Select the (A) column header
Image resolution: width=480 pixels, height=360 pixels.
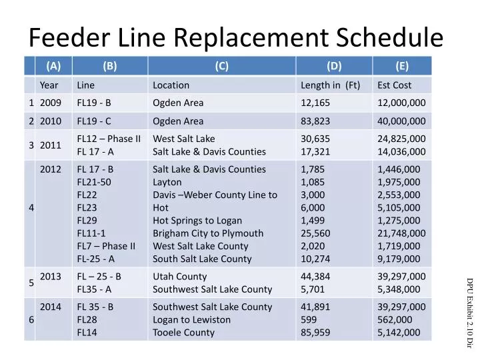[53, 65]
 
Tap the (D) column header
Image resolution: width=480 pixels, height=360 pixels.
[334, 65]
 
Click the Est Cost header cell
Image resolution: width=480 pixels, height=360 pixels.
[395, 85]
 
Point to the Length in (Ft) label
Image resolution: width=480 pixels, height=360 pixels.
[331, 85]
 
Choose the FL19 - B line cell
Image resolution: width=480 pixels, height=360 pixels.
[94, 103]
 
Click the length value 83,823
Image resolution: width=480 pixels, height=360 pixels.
[316, 121]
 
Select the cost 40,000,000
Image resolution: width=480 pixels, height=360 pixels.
[401, 121]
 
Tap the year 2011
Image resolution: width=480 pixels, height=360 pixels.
[51, 145]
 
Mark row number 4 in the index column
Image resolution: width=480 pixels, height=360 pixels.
[31, 207]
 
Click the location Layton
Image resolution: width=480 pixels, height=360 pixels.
[167, 182]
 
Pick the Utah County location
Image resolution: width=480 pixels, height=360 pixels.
[180, 277]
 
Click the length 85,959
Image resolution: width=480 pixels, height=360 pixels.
[316, 333]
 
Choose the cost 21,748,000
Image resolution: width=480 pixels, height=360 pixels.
[401, 233]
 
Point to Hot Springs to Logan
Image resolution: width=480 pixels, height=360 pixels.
[197, 221]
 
